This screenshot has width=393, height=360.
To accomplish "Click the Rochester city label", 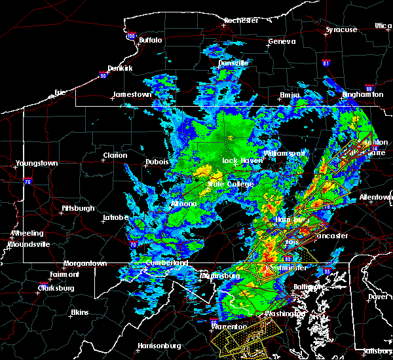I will [x=242, y=20].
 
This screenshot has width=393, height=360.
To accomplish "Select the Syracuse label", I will [x=341, y=29].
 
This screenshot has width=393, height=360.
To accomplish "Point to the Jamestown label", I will [x=132, y=94].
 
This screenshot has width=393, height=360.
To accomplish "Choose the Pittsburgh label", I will [x=78, y=208].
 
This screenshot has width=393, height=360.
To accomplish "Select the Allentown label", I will [x=376, y=197].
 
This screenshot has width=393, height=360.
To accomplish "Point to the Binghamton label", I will [x=362, y=95].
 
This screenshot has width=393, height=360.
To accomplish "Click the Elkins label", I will [x=79, y=312].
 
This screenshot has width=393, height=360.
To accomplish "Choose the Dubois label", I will [x=157, y=162].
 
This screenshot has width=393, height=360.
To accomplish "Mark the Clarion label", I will [x=114, y=156].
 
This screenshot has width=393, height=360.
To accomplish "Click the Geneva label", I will [x=278, y=42].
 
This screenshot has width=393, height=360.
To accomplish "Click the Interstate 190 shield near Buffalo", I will [x=130, y=36].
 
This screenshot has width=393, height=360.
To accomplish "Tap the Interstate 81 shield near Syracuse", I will [x=326, y=63].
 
